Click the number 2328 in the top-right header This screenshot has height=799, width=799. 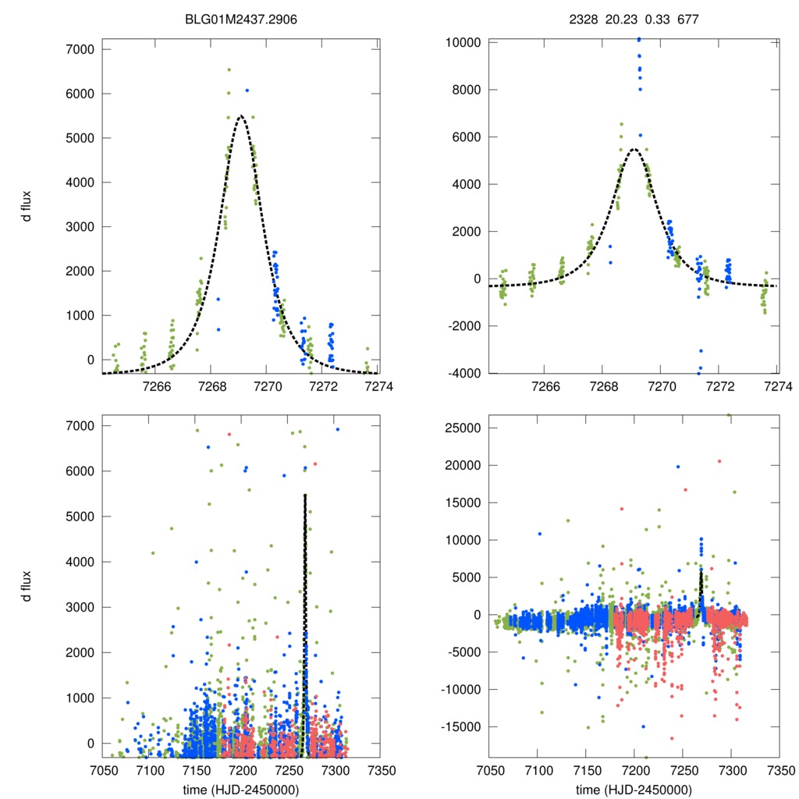[581, 16]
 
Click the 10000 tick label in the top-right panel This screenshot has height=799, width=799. [462, 42]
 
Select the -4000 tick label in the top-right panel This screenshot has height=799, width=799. [463, 373]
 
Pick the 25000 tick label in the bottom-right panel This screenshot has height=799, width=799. [462, 428]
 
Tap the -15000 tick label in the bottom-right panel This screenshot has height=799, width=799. [460, 726]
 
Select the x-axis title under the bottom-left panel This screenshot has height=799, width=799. [241, 789]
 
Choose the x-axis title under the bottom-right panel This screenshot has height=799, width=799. [634, 789]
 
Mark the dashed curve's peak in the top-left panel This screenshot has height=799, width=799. [241, 115]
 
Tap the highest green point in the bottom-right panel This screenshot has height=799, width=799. [730, 414]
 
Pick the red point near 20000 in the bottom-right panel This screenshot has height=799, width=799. [719, 461]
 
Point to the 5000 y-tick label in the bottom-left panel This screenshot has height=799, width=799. [79, 517]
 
